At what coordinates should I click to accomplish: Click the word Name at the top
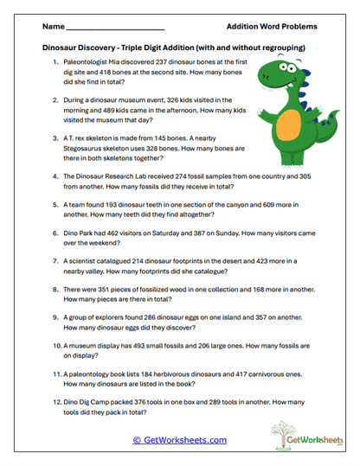[51, 26]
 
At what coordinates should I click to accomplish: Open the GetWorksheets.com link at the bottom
[180, 439]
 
